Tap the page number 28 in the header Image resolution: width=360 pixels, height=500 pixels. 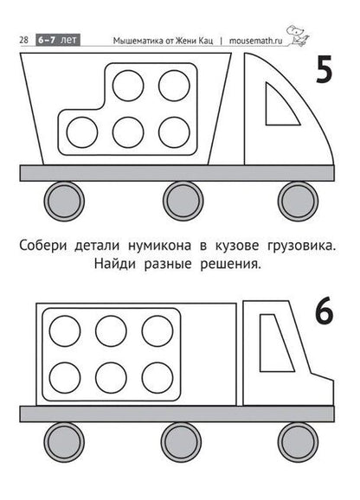[x=24, y=40]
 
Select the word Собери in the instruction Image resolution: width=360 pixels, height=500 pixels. [x=42, y=247]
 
